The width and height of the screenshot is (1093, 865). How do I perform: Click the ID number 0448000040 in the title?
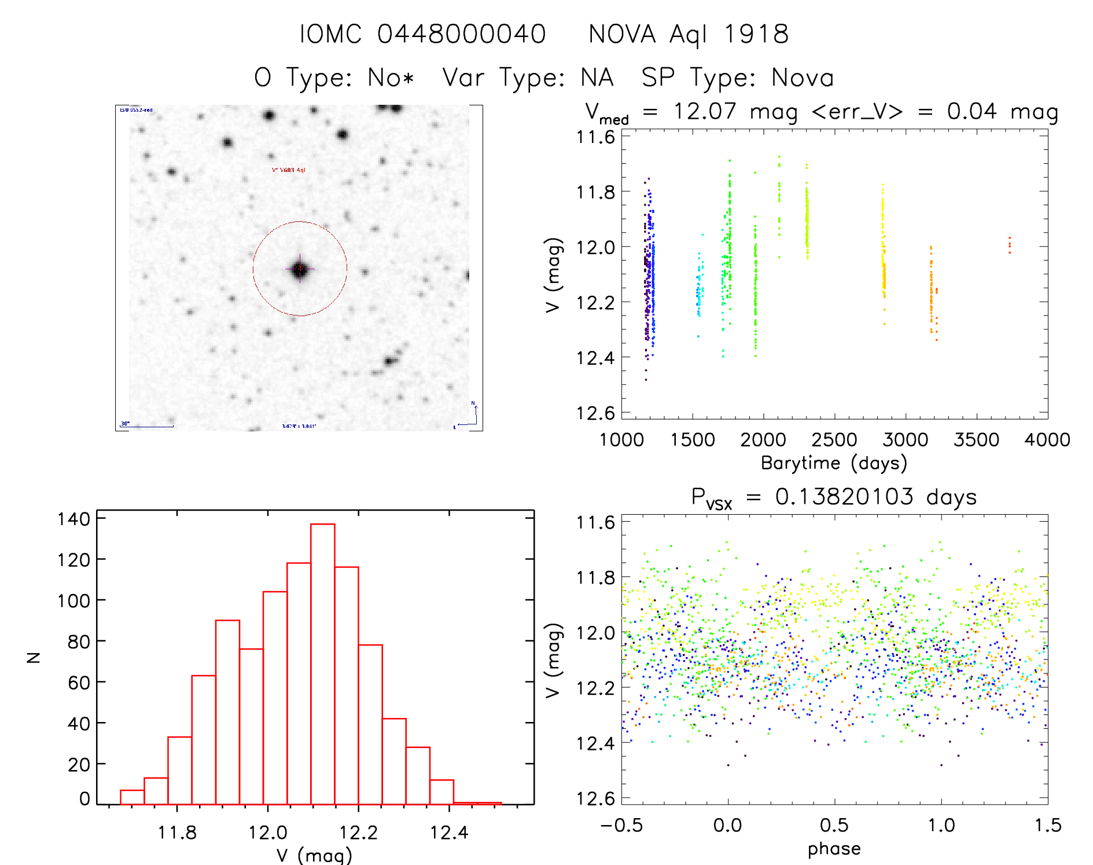pos(461,34)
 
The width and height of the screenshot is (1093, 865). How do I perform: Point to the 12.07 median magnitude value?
pos(704,111)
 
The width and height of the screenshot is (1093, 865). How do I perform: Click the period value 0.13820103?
pos(844,497)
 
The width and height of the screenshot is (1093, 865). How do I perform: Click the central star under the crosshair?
pos(300,269)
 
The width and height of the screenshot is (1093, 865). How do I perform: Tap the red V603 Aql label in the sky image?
pos(288,170)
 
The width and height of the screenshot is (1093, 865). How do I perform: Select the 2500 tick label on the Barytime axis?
pos(834,440)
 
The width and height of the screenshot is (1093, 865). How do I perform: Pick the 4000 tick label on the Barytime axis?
pos(1047,440)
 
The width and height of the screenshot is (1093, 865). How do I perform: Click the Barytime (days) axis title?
pos(834,463)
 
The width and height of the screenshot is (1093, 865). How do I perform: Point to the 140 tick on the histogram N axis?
pos(74,519)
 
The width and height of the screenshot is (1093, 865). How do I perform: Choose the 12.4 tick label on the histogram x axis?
pos(448,833)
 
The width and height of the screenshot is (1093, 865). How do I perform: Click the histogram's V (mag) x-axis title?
pos(314,855)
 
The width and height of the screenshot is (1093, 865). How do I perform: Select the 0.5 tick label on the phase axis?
pos(834,825)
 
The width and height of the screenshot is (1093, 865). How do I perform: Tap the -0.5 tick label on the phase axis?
pos(621,825)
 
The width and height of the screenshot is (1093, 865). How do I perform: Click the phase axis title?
pos(834,849)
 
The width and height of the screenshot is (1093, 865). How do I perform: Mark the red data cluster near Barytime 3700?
pos(1009,245)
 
